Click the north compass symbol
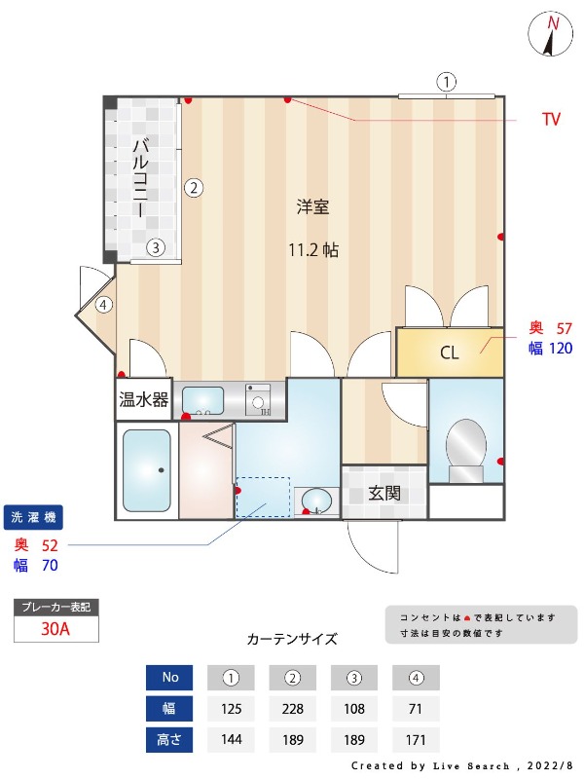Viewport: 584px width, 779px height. tap(552, 35)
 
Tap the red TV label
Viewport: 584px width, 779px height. tap(551, 120)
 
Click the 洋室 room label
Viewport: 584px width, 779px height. tap(312, 206)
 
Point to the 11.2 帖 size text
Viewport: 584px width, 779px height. tap(312, 249)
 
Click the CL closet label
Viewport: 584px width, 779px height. tap(449, 352)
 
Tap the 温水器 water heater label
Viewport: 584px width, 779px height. tap(144, 399)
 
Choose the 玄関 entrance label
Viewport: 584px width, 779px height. tap(384, 493)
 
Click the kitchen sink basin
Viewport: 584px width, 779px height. tap(202, 400)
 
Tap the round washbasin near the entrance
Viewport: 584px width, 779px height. tap(316, 501)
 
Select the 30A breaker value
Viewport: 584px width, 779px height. tap(55, 628)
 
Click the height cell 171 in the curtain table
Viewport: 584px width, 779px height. tap(416, 739)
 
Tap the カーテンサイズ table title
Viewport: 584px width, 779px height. tap(292, 640)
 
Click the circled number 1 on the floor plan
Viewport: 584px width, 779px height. tap(446, 82)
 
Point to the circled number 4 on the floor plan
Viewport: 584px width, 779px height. tap(104, 305)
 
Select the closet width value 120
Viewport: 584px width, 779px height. tap(562, 348)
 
